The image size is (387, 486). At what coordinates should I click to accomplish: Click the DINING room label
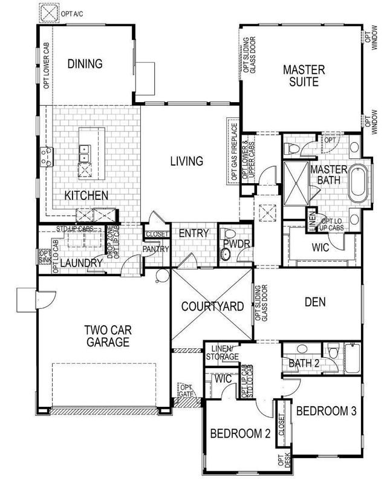(x=84, y=63)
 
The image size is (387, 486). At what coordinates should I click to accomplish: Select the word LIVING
(x=186, y=161)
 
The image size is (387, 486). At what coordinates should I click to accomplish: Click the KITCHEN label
(x=86, y=195)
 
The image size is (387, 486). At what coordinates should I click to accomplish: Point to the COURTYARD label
(x=213, y=306)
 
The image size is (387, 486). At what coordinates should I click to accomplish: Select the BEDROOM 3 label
(x=326, y=410)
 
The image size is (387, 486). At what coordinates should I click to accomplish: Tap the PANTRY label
(x=154, y=248)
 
